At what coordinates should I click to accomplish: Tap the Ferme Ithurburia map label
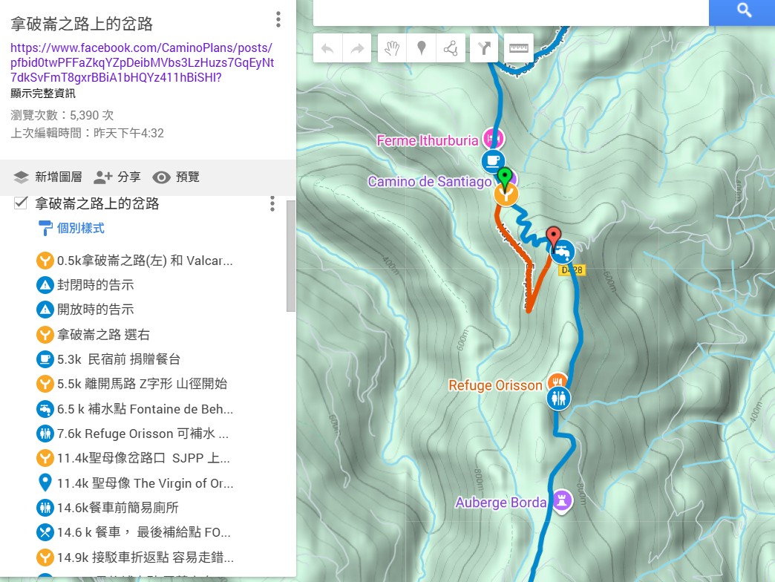428,140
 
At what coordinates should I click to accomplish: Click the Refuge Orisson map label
495,385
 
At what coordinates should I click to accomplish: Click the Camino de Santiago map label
430,182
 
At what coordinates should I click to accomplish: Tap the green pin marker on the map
506,178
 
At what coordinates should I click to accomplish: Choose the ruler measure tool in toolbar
518,49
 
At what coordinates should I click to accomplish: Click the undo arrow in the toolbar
327,49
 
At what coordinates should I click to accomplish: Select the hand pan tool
392,49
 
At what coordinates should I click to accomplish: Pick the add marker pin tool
421,49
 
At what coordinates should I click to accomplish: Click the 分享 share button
117,177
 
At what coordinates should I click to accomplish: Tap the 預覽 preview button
176,177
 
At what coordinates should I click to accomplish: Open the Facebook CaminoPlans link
142,62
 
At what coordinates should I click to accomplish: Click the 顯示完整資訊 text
43,94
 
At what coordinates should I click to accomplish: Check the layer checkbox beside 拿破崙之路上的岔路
21,203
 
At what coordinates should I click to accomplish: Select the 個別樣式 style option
80,228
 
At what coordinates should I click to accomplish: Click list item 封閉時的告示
95,285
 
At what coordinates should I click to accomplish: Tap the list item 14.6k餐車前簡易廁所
117,508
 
